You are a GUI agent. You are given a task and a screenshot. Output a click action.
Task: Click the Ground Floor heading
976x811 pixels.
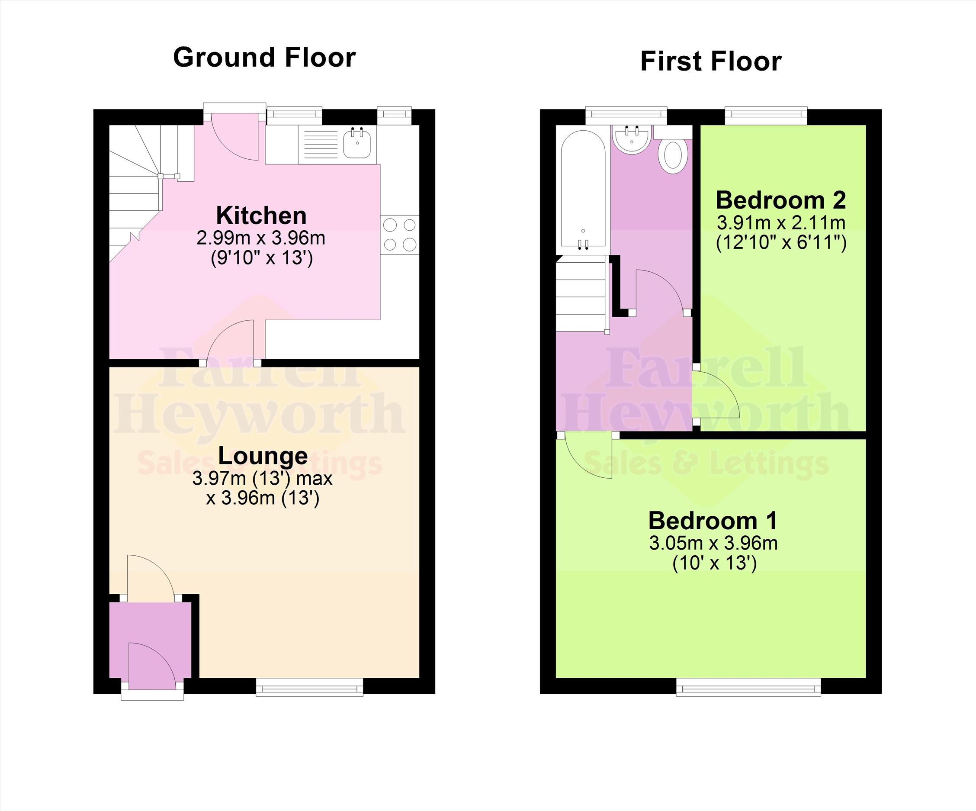tap(264, 57)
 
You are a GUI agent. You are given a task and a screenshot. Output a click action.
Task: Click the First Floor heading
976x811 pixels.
tap(711, 61)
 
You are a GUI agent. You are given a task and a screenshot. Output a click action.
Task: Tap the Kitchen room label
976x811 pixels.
tap(261, 216)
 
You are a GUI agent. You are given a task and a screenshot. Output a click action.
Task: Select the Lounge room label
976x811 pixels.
tap(263, 456)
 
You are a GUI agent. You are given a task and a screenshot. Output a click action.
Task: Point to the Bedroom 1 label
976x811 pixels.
tap(713, 520)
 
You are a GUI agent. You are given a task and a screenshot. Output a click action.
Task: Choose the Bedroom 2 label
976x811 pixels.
tap(781, 200)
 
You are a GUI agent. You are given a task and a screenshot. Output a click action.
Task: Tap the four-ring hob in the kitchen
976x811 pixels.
tap(400, 235)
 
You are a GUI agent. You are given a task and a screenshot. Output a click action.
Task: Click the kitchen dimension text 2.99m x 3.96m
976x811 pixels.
tap(261, 238)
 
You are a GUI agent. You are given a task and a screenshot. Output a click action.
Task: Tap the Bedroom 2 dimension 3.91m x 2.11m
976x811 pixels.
tap(781, 223)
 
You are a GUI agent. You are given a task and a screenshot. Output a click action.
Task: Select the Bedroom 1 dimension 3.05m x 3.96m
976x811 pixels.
tap(713, 543)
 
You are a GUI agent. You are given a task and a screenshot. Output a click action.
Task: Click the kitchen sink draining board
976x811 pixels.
tap(320, 144)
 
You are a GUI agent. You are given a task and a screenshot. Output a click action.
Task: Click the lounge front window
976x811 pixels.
tap(309, 687)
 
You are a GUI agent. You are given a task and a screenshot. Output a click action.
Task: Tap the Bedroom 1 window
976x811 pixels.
tap(748, 687)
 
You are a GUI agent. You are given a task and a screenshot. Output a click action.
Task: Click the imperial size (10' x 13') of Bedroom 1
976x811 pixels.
tap(714, 563)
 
